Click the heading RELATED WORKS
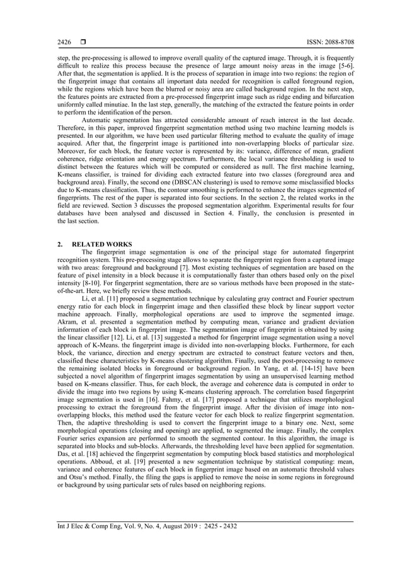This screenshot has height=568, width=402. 102,243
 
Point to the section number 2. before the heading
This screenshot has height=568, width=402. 60,243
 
